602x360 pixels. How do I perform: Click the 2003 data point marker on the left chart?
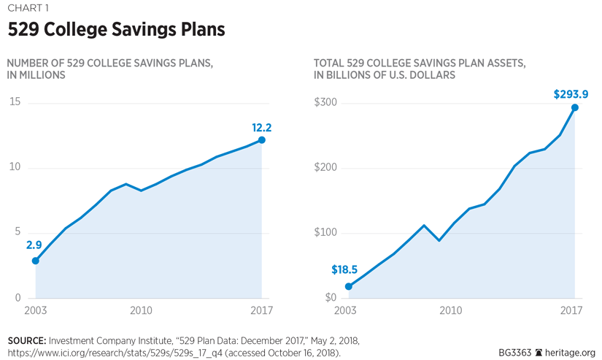click(35, 261)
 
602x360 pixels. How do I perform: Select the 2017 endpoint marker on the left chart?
click(262, 140)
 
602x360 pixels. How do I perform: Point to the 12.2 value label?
click(262, 128)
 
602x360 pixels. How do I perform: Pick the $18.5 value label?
click(345, 270)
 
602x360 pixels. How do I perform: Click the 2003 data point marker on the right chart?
click(349, 286)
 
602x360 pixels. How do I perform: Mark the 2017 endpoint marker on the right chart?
click(575, 108)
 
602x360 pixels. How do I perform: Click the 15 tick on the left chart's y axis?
click(15, 102)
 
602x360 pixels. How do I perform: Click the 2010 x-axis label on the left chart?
click(141, 310)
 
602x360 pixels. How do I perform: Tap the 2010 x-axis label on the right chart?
click(450, 310)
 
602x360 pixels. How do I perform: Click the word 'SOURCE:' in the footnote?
click(27, 341)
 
